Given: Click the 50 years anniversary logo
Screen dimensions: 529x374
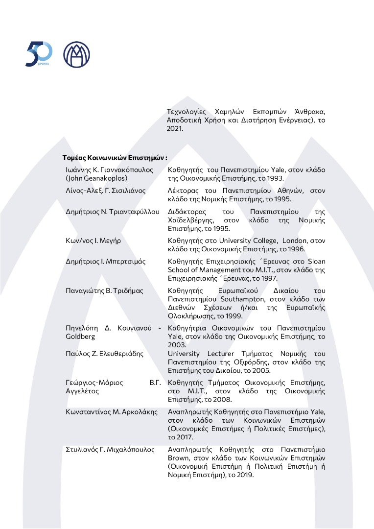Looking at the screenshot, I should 39,54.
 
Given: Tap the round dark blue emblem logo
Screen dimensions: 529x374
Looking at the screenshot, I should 76,54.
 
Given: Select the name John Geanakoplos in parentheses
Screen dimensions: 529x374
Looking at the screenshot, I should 96,178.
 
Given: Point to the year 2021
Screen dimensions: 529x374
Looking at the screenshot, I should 174,128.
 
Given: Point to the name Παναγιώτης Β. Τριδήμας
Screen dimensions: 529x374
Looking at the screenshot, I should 105,290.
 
